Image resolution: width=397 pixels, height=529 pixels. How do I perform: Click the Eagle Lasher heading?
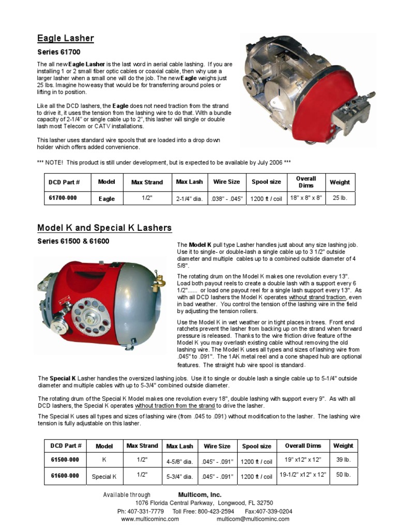point(65,38)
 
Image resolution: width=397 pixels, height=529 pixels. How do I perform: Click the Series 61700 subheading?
point(58,52)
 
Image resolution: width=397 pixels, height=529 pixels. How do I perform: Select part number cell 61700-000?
point(63,198)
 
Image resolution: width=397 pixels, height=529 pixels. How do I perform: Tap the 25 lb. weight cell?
point(340,198)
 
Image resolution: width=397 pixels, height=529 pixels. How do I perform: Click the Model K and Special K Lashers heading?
point(104,228)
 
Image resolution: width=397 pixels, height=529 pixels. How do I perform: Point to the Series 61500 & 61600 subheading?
point(73,241)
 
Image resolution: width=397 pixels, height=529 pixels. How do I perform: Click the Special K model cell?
point(104,476)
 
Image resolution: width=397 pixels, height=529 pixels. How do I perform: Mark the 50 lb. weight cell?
point(343,475)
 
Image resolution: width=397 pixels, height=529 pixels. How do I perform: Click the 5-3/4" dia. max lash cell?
point(179,476)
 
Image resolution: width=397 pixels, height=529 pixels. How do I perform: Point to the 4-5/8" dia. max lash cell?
point(179,460)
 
